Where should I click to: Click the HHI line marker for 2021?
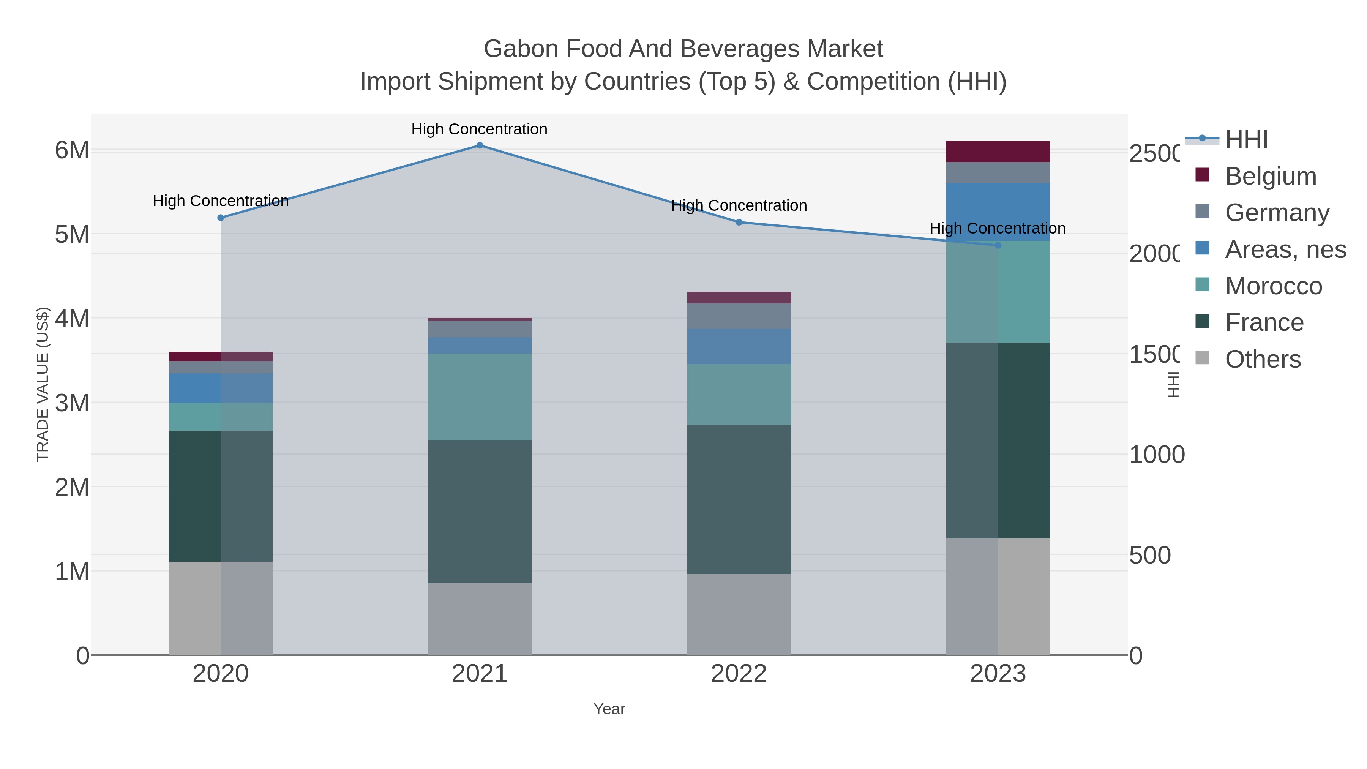tap(479, 145)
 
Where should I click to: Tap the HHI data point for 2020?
tap(221, 218)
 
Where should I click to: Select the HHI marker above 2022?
tap(739, 223)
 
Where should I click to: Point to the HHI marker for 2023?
tap(998, 245)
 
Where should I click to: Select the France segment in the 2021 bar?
tap(479, 511)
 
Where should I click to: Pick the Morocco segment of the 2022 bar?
tap(739, 394)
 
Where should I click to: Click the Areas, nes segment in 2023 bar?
tap(998, 212)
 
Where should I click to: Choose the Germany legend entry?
tap(1277, 213)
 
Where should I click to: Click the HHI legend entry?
tap(1246, 140)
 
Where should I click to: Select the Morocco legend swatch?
tap(1202, 284)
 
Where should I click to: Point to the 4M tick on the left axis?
tap(72, 319)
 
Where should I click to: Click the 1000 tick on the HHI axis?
tap(1156, 455)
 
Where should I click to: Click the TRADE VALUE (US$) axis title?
tap(43, 384)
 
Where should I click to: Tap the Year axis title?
tap(609, 709)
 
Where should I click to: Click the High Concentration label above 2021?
tap(479, 129)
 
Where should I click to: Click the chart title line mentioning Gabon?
tap(683, 49)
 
